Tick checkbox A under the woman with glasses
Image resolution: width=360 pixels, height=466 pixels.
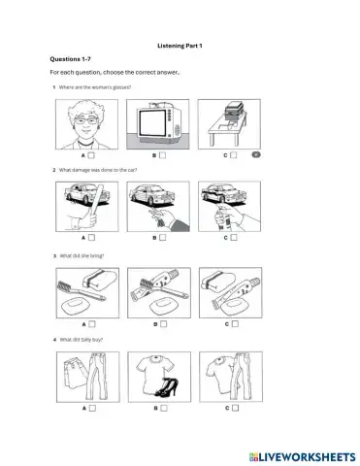[x=90, y=153]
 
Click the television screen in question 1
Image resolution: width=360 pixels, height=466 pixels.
[x=154, y=120]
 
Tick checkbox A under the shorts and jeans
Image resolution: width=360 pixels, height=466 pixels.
[x=90, y=408]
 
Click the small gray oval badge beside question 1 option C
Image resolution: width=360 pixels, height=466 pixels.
[x=255, y=153]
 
